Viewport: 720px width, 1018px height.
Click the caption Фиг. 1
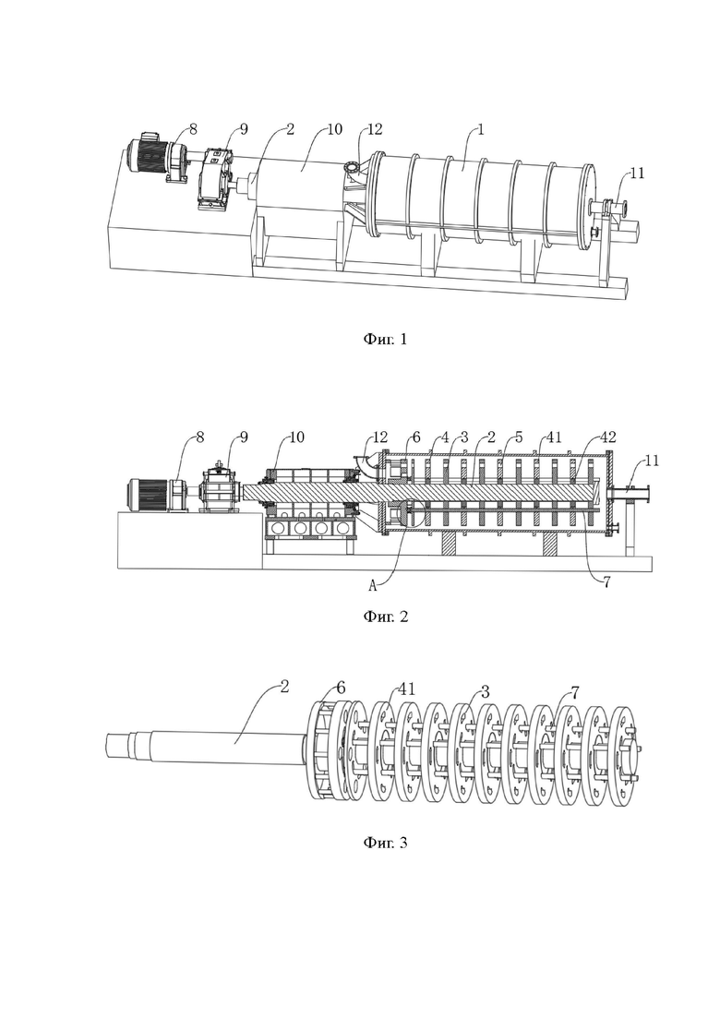tap(385, 339)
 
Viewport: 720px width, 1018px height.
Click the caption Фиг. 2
tap(385, 617)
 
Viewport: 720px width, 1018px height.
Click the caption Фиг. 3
tap(385, 843)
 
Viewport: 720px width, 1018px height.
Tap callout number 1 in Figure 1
tap(480, 129)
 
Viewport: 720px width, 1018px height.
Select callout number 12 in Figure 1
tap(375, 129)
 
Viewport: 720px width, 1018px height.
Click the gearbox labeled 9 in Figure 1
tap(215, 178)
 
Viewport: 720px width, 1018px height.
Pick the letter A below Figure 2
tap(373, 586)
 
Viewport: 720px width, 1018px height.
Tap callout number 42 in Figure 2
tap(607, 437)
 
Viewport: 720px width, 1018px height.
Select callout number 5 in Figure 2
tap(518, 437)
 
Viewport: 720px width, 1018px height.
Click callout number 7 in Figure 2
tap(606, 582)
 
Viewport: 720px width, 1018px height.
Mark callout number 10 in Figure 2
tap(296, 437)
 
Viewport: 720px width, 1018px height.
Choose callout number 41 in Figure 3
tap(407, 689)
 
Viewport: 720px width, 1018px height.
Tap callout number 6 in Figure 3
tap(341, 687)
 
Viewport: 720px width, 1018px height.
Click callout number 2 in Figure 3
tap(284, 687)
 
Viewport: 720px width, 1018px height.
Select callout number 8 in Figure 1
tap(193, 129)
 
